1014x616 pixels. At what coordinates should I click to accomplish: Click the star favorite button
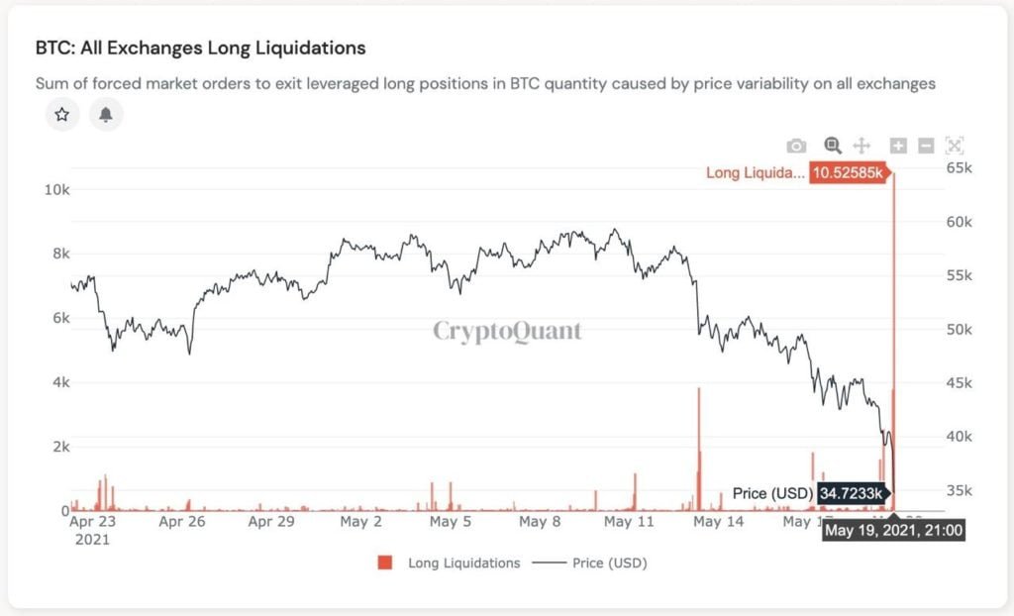[x=62, y=115]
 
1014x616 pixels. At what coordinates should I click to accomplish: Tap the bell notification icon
[x=106, y=115]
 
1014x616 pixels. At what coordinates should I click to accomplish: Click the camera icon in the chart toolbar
[x=796, y=147]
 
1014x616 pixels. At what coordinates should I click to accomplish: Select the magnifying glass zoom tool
[x=833, y=146]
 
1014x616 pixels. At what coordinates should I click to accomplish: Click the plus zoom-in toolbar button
[x=898, y=146]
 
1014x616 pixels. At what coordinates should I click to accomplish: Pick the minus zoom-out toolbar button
[x=927, y=146]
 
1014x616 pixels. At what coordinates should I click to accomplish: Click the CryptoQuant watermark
[x=507, y=331]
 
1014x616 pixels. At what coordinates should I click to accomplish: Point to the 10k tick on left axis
[x=56, y=188]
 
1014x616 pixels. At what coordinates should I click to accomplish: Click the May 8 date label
[x=542, y=521]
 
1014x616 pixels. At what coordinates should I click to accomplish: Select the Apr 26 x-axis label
[x=183, y=521]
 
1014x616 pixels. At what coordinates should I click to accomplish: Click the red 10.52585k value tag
[x=848, y=172]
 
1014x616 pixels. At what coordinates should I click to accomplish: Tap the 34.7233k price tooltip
[x=854, y=492]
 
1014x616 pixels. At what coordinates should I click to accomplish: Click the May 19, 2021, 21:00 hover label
[x=893, y=530]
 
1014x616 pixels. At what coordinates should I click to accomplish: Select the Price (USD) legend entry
[x=590, y=563]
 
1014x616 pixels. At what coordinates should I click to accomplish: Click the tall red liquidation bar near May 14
[x=699, y=446]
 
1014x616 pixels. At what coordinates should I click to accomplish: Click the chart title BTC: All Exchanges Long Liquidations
[x=200, y=48]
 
